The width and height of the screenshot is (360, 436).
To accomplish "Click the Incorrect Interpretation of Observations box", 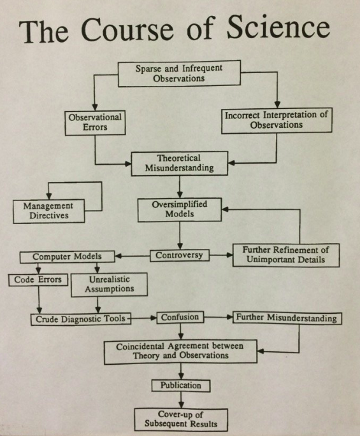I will [x=276, y=120].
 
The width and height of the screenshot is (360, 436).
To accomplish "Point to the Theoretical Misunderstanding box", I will [x=180, y=163].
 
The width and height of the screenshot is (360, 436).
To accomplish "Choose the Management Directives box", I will [x=48, y=211].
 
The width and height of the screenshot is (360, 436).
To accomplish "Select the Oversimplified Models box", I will [x=180, y=210].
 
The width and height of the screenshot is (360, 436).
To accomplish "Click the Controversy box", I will [x=180, y=256].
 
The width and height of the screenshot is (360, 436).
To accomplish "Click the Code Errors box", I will [x=37, y=279].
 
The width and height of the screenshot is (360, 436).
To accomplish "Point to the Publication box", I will [x=180, y=385].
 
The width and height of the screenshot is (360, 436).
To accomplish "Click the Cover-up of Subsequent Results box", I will [x=180, y=418].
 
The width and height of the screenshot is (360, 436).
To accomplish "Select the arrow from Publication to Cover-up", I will [x=180, y=399].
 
